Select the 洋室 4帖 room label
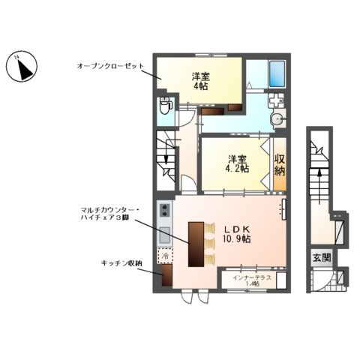[x=199, y=80]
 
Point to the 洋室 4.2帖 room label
[x=237, y=163]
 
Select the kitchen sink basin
[x=164, y=235]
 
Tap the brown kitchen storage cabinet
[x=165, y=276]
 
